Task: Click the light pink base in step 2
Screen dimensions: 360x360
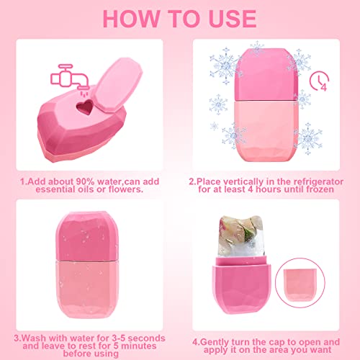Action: coord(266,130)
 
